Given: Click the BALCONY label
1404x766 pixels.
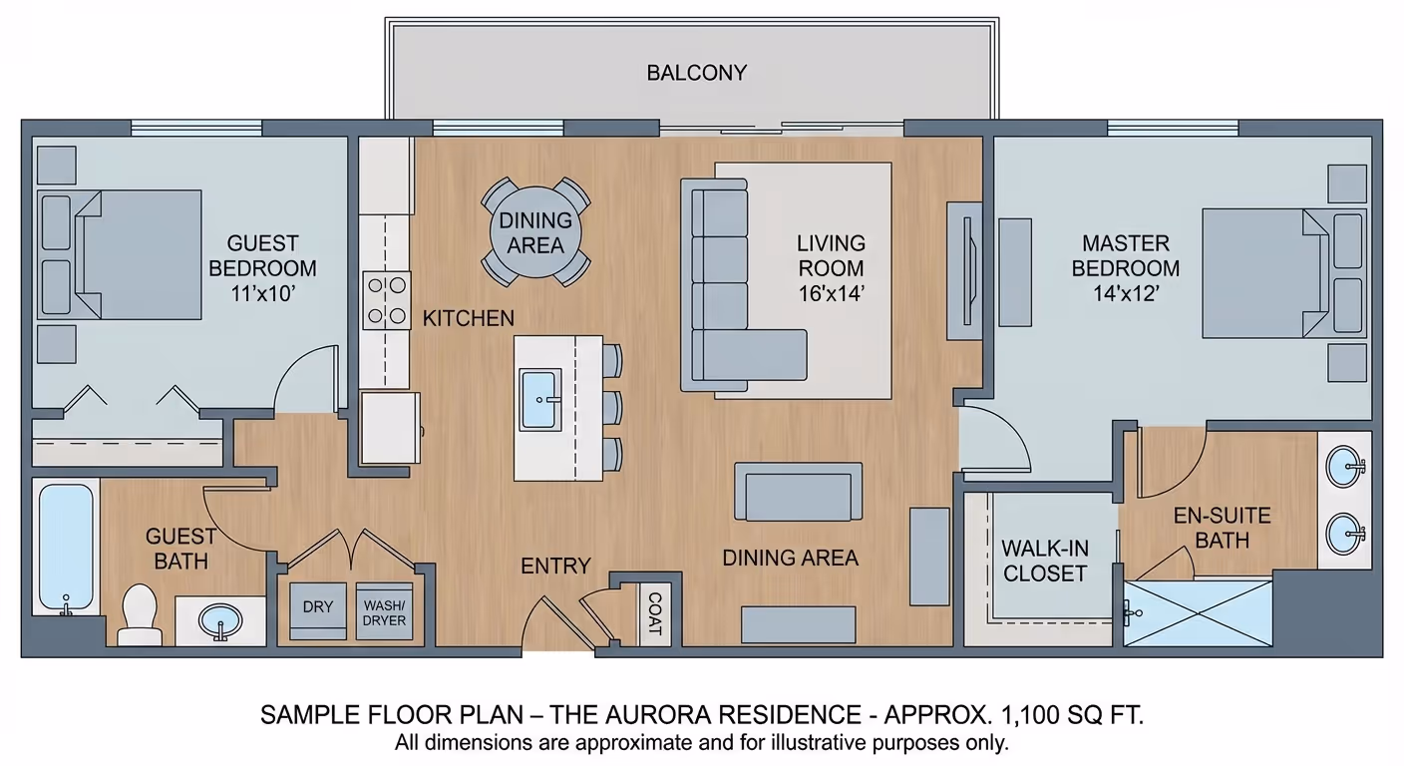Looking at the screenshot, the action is pos(696,73).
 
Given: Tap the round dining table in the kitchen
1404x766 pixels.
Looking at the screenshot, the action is pos(535,232).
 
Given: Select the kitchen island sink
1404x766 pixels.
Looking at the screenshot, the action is pos(539,399).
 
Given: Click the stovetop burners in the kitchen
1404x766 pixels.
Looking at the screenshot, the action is pos(387,300).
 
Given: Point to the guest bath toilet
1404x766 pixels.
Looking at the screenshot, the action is pos(140,614).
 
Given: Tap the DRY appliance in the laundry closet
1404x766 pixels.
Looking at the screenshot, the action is pos(318,610).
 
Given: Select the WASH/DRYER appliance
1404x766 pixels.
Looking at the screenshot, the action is pos(384,610).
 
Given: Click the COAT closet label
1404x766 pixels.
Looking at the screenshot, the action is pos(654,613).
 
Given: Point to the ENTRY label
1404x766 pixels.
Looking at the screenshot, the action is pos(555,567).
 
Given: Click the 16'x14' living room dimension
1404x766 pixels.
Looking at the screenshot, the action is pos(831,293).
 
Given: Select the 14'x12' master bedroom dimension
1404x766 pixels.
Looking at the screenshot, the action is pos(1126,293).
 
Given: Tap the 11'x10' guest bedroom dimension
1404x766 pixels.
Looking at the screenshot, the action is pos(262,293).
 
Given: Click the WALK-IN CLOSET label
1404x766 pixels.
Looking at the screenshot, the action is pos(1045,561).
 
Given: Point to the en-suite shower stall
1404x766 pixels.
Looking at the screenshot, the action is pos(1198,613).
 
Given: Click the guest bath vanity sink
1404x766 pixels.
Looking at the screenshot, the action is pos(220,621).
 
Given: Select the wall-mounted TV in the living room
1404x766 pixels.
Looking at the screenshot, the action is pos(967,271).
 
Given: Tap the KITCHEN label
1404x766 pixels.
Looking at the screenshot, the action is pos(469,318).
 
